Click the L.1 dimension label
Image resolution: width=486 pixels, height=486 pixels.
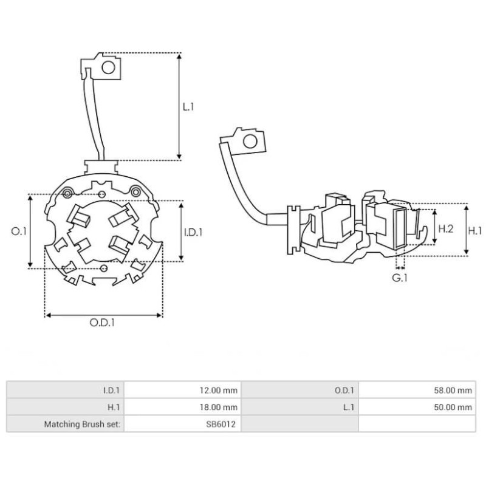click(189, 106)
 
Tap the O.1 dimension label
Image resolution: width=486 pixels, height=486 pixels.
click(19, 231)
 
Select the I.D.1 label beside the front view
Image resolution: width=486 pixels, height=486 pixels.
click(193, 231)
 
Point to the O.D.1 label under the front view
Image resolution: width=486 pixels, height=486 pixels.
click(103, 323)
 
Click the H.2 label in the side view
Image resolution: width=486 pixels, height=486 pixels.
click(447, 228)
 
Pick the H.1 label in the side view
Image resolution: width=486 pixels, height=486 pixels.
click(475, 230)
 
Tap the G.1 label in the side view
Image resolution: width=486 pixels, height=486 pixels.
click(399, 278)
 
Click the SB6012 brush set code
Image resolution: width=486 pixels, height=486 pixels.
click(223, 424)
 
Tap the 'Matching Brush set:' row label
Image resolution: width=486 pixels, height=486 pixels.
click(82, 424)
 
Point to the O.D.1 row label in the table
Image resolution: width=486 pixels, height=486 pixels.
click(344, 391)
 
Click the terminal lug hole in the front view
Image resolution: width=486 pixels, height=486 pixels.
click(108, 67)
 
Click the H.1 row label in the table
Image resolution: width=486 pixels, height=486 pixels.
click(113, 407)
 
